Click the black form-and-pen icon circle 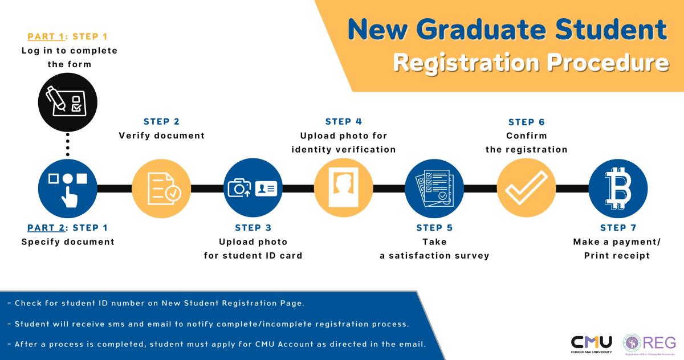pos(68,102)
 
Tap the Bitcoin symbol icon pos(618,188)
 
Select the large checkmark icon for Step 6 pos(527,187)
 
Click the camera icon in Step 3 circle pos(239,188)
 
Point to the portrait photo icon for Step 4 pos(344,187)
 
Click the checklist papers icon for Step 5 pos(434,188)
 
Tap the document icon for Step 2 pos(164,189)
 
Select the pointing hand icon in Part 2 pos(70,197)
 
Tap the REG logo pos(649,344)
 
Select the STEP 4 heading pos(344,121)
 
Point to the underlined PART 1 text pos(46,36)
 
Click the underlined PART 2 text pos(46,228)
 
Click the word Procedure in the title pos(608,63)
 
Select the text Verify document pos(161,136)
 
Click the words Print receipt pos(617,256)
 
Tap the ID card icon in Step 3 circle pos(266,188)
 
